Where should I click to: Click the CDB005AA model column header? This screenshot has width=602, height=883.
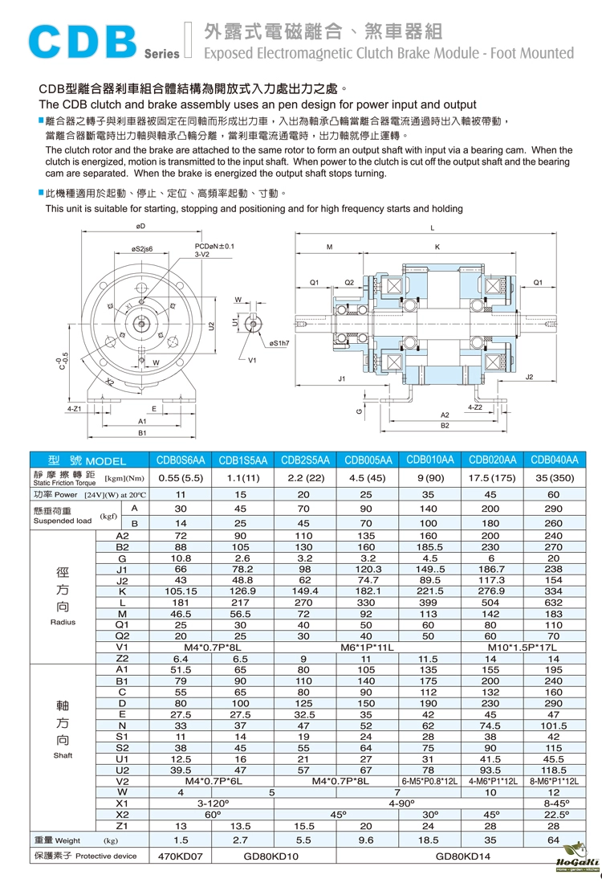point(368,460)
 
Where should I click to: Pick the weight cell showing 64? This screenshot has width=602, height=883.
point(553,840)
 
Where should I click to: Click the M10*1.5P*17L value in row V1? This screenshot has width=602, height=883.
point(523,647)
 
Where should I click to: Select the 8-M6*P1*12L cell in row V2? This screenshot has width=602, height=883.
point(554,779)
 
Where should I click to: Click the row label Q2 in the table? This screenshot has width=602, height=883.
point(122,636)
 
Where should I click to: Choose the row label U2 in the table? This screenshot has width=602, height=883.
point(122,769)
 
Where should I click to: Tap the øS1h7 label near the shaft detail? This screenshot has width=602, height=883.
point(280,343)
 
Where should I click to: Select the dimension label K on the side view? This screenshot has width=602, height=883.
point(437,247)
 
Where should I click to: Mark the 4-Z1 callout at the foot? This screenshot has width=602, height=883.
point(75,409)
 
